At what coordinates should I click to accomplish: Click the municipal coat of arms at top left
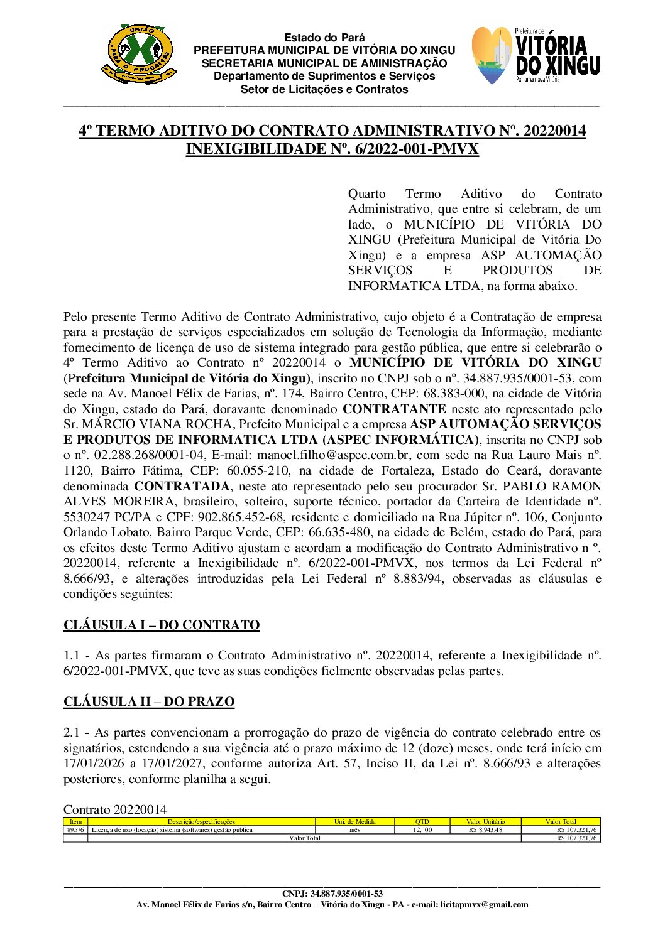click(139, 55)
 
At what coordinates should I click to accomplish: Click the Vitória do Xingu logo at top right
click(536, 56)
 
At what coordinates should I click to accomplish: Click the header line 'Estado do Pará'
click(324, 38)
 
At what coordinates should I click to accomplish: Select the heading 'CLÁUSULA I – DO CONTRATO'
click(162, 625)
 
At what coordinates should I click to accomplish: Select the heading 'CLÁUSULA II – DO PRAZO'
click(149, 701)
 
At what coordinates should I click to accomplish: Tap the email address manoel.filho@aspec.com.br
click(327, 455)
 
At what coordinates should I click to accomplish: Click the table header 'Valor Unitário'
click(485, 821)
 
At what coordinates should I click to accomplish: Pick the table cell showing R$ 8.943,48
click(485, 829)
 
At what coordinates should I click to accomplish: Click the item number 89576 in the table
click(75, 829)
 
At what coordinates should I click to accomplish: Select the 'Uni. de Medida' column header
click(354, 821)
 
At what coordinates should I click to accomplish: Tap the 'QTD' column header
click(422, 821)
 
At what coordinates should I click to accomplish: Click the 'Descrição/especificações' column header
click(201, 821)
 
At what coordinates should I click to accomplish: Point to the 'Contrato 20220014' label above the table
click(115, 809)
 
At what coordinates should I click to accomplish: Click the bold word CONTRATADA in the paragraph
click(182, 486)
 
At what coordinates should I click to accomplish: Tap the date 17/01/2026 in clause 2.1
click(94, 764)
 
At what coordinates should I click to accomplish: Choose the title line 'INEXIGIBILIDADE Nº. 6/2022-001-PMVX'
click(332, 149)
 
